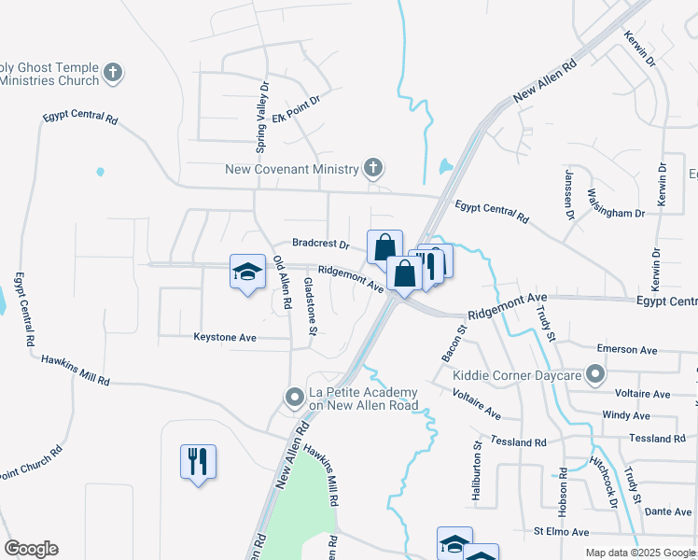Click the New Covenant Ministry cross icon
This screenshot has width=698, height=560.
[x=373, y=169]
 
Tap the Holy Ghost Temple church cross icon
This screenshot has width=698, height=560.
[x=113, y=73]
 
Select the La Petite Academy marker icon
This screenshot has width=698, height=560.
[x=295, y=399]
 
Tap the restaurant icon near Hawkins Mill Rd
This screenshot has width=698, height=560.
[x=198, y=461]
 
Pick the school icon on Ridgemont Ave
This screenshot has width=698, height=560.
[x=247, y=272]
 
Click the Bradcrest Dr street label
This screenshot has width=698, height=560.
[x=320, y=245]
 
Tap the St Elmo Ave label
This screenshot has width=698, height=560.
[x=562, y=532]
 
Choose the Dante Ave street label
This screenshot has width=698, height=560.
[x=668, y=511]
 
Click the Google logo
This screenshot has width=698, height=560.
[x=31, y=549]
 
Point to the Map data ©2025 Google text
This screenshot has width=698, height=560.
[x=639, y=553]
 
